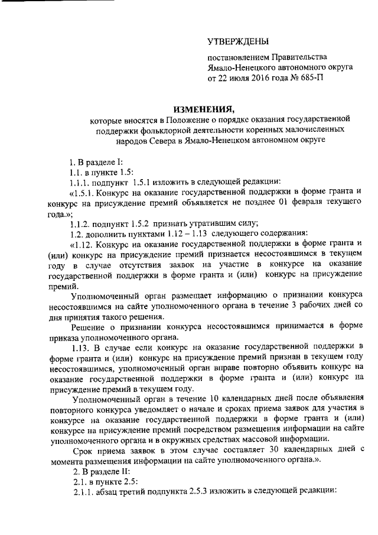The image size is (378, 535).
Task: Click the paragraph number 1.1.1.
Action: (x=80, y=181)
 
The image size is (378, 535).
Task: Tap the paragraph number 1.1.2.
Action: (x=80, y=223)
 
